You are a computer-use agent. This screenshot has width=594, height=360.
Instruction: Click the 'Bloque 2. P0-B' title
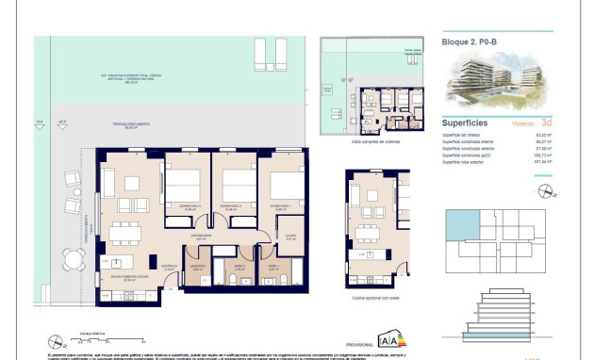click(470, 42)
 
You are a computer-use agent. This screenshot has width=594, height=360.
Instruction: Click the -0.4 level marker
click(39, 122)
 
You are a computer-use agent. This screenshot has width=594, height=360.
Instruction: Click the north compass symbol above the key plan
click(544, 191)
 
